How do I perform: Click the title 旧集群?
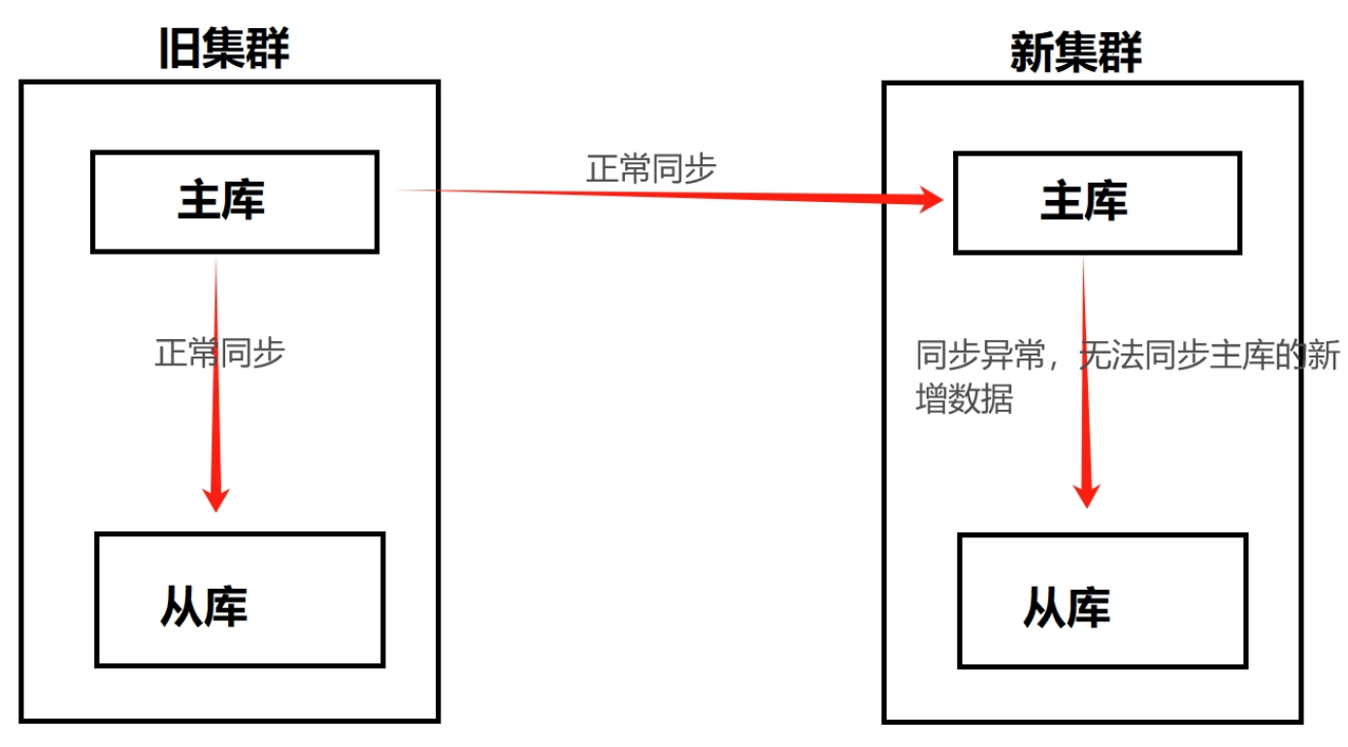pyautogui.click(x=224, y=48)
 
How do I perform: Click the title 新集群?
pyautogui.click(x=1076, y=51)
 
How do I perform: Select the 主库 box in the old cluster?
pyautogui.click(x=234, y=202)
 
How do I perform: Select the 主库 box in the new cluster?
pyautogui.click(x=1097, y=202)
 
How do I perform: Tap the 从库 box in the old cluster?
pyautogui.click(x=240, y=599)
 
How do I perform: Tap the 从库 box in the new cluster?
pyautogui.click(x=1101, y=600)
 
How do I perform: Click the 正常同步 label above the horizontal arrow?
pyautogui.click(x=651, y=168)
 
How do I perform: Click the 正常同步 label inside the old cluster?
pyautogui.click(x=220, y=352)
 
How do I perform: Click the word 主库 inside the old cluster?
pyautogui.click(x=221, y=201)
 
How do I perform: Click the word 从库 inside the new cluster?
pyautogui.click(x=1067, y=607)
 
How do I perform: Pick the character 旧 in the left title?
pyautogui.click(x=180, y=48)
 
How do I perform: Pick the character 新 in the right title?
pyautogui.click(x=1032, y=51)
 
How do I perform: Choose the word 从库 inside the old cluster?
pyautogui.click(x=204, y=605)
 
